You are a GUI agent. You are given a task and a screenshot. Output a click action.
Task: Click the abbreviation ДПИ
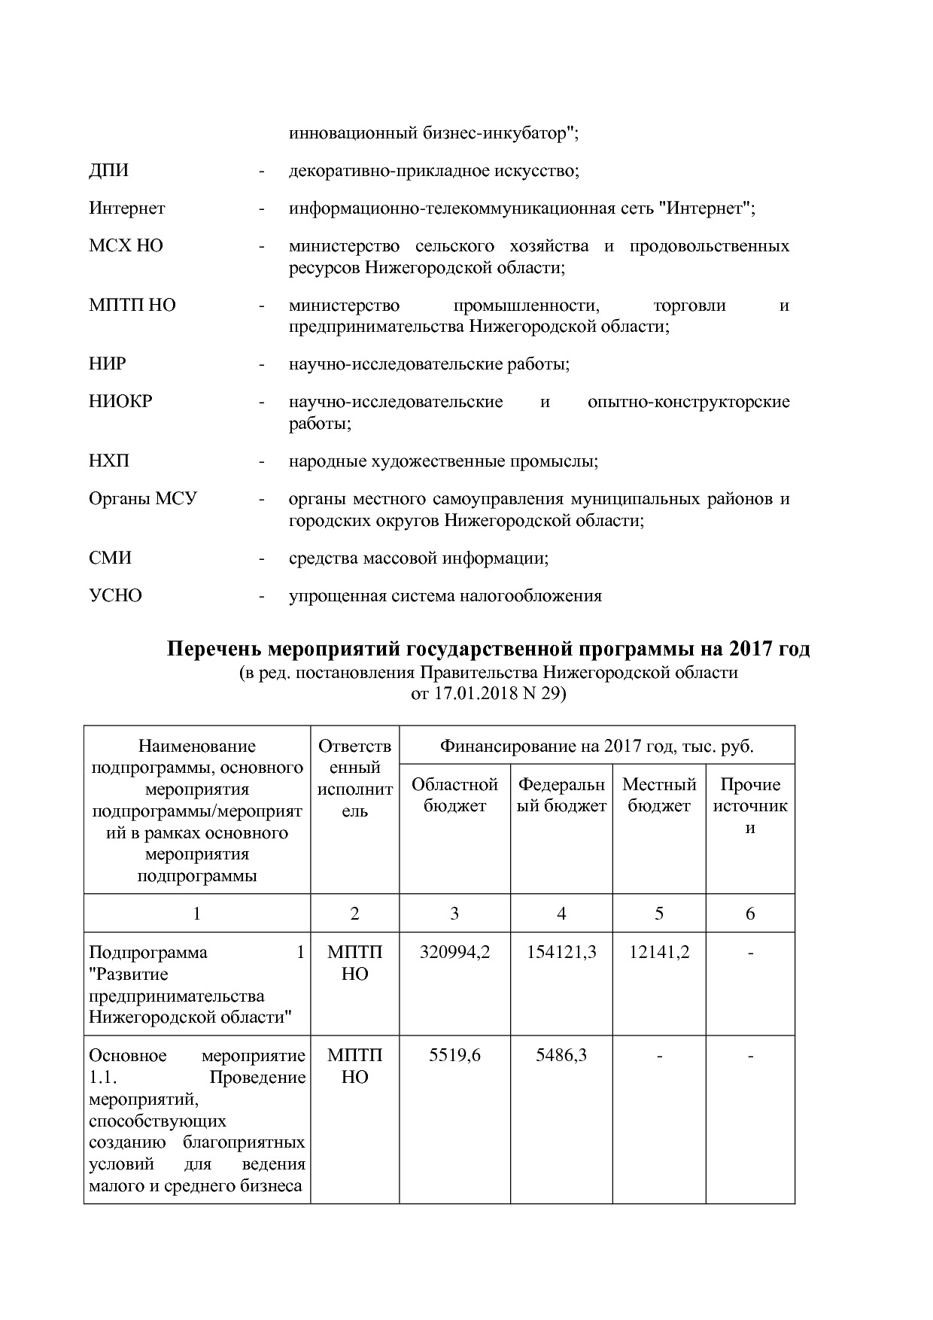[108, 171]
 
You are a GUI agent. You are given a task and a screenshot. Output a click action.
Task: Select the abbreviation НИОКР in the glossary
[120, 402]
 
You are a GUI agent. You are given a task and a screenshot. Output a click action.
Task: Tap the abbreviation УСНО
[115, 596]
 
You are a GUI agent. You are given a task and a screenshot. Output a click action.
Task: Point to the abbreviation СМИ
[110, 558]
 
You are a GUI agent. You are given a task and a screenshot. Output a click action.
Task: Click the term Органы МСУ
[143, 499]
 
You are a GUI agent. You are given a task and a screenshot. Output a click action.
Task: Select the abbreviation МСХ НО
[126, 246]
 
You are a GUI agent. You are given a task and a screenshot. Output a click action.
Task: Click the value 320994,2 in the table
[454, 953]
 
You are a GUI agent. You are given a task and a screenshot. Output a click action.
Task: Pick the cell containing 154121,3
[561, 953]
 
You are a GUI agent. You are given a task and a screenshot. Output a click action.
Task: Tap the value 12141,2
[659, 953]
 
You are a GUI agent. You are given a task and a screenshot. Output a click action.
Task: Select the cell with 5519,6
[454, 1056]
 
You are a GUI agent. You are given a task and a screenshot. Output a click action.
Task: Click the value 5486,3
[561, 1056]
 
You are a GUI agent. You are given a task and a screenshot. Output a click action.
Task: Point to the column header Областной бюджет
[454, 795]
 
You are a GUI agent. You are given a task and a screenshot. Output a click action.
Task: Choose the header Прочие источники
[750, 806]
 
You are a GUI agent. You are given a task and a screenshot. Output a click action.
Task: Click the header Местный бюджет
[659, 795]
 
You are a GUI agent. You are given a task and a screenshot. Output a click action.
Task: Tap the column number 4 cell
[561, 914]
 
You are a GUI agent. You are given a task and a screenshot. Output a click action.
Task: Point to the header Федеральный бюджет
[561, 795]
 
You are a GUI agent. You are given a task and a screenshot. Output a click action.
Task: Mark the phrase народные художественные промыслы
[443, 461]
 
